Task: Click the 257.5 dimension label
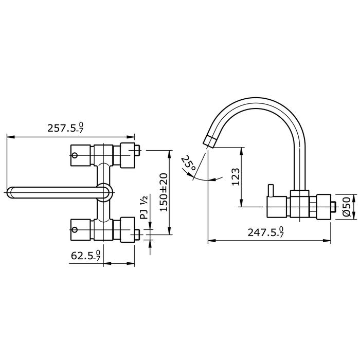(x=66, y=128)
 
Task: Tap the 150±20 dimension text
(x=164, y=192)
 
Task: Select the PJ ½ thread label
(x=145, y=207)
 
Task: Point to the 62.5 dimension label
(x=86, y=255)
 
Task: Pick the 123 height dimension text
(x=236, y=176)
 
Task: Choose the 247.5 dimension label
(x=266, y=232)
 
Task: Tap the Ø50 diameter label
(x=347, y=207)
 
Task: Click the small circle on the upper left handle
(x=75, y=155)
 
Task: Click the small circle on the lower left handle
(x=75, y=229)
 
